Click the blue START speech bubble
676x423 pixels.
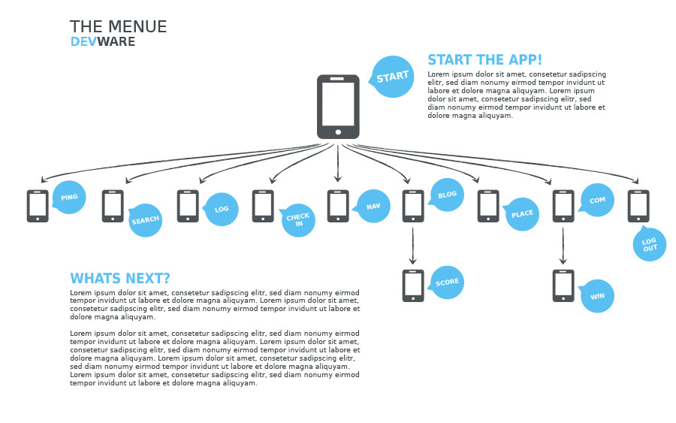(x=393, y=77)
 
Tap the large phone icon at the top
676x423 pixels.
(x=338, y=107)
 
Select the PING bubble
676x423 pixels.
(x=69, y=198)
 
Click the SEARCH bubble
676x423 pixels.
(x=145, y=220)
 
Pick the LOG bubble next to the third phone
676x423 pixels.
(x=222, y=210)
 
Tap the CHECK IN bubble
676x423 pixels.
(x=298, y=220)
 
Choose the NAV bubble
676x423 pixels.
(x=373, y=206)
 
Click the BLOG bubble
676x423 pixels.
(x=447, y=195)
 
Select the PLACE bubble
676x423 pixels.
(x=522, y=214)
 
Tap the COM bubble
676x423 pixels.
(x=597, y=201)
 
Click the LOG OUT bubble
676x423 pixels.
(x=650, y=245)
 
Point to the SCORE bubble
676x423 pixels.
(x=447, y=283)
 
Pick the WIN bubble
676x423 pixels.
(x=597, y=295)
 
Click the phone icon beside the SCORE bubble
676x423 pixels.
(x=413, y=286)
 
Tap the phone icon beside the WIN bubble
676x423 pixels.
(x=563, y=286)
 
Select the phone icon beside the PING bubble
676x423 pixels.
(x=38, y=206)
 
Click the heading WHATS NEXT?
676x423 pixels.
(x=120, y=278)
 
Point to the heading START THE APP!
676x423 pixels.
(x=484, y=60)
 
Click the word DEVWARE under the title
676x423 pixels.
(x=103, y=42)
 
